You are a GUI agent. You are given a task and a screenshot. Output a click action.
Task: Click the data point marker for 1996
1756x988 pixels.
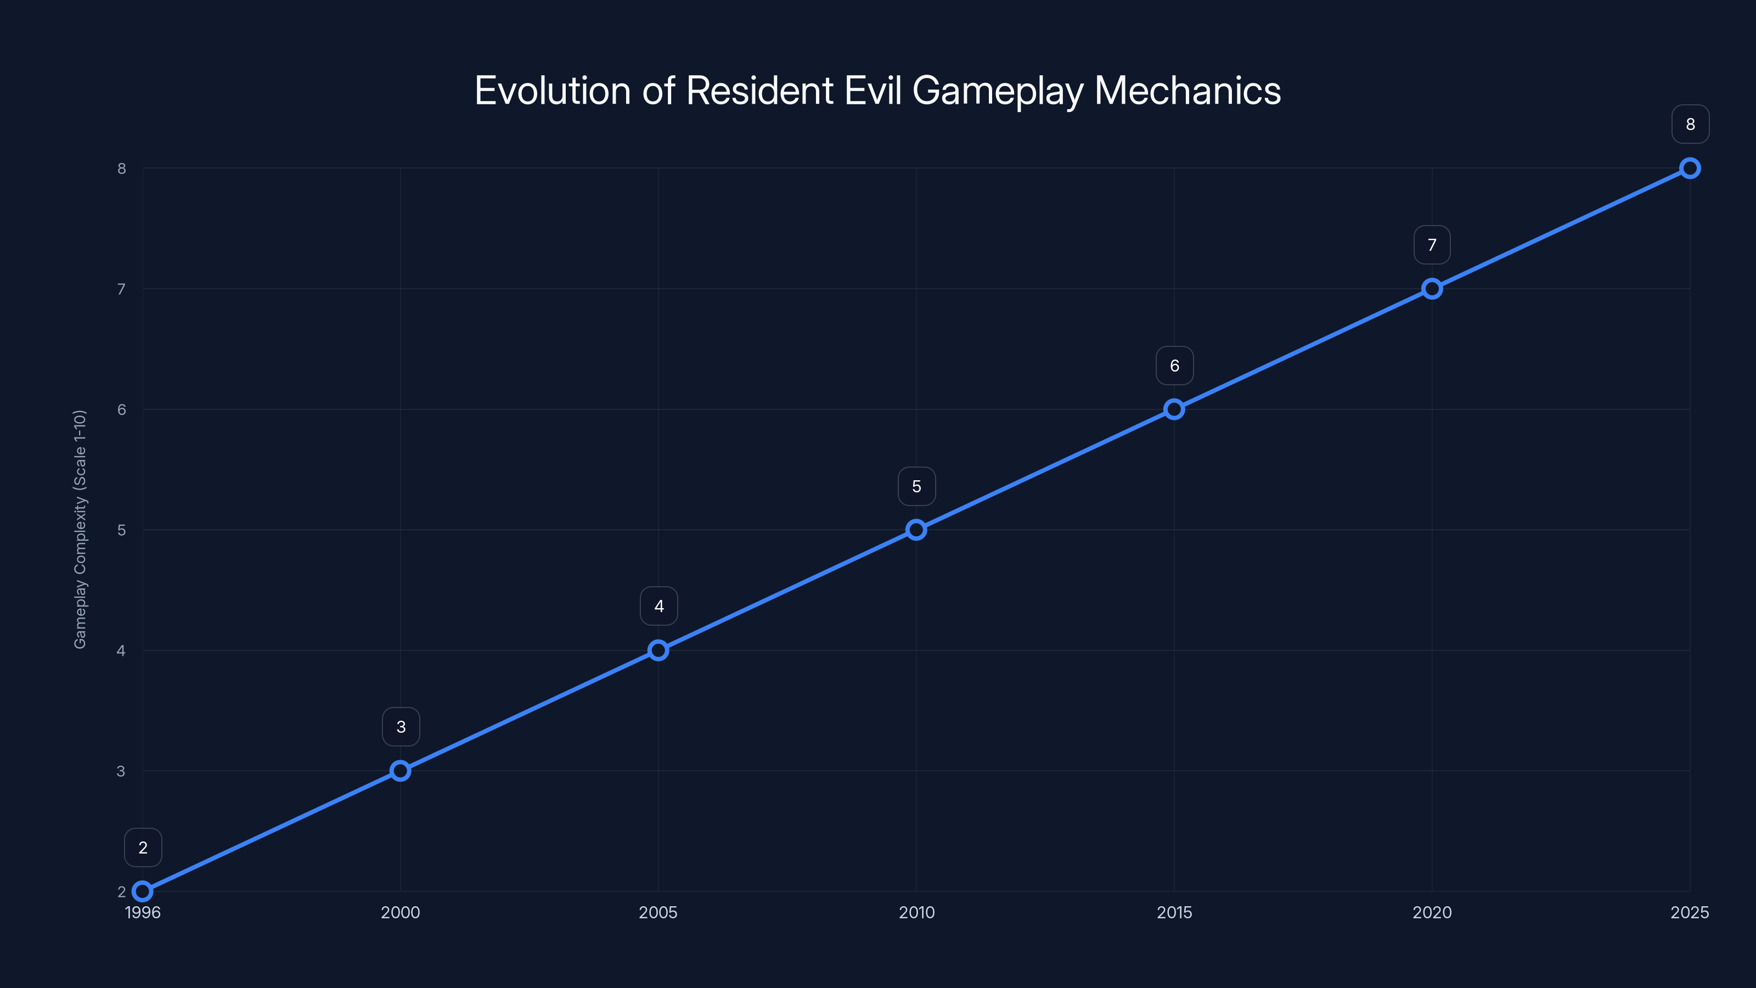tap(143, 891)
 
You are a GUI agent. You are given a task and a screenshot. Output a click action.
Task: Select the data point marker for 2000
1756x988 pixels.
tap(400, 771)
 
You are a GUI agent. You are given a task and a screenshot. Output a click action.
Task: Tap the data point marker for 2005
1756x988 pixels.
tap(658, 650)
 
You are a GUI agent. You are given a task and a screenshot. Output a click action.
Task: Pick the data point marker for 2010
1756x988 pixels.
tap(916, 530)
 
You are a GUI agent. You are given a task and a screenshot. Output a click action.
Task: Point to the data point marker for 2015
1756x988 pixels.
tap(1174, 409)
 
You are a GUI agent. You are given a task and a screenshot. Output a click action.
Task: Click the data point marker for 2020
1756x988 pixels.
tap(1432, 288)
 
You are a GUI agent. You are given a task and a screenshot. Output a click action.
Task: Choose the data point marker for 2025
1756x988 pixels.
tap(1690, 168)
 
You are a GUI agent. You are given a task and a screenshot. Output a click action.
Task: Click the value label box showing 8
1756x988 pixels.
tap(1690, 124)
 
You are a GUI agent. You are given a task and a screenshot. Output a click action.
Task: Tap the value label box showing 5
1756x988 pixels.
tap(916, 486)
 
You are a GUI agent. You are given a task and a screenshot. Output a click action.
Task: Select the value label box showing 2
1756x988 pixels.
tap(143, 847)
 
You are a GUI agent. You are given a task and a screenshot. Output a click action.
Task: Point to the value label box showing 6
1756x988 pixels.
tap(1174, 366)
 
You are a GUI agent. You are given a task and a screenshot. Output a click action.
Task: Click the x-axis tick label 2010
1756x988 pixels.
tap(916, 912)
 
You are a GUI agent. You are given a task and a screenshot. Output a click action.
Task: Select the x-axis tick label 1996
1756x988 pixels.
tap(143, 912)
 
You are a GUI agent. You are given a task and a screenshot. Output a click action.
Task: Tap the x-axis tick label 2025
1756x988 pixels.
tap(1689, 912)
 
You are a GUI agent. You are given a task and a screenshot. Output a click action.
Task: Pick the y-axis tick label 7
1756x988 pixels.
tap(121, 289)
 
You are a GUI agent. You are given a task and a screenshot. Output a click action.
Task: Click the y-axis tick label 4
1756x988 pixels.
tap(121, 650)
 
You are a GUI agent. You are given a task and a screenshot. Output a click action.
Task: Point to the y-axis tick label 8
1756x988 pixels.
tap(121, 169)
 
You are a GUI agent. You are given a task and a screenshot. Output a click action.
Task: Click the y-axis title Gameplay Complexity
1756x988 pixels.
tap(80, 529)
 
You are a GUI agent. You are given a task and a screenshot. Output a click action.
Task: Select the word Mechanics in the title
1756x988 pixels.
tap(1187, 91)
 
